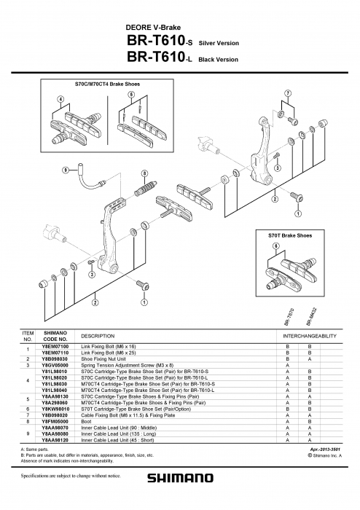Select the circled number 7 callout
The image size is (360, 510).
(x=288, y=93)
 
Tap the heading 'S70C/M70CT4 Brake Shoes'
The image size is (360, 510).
(x=108, y=85)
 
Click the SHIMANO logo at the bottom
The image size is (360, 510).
(x=181, y=479)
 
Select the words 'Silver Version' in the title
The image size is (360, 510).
(x=219, y=44)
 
